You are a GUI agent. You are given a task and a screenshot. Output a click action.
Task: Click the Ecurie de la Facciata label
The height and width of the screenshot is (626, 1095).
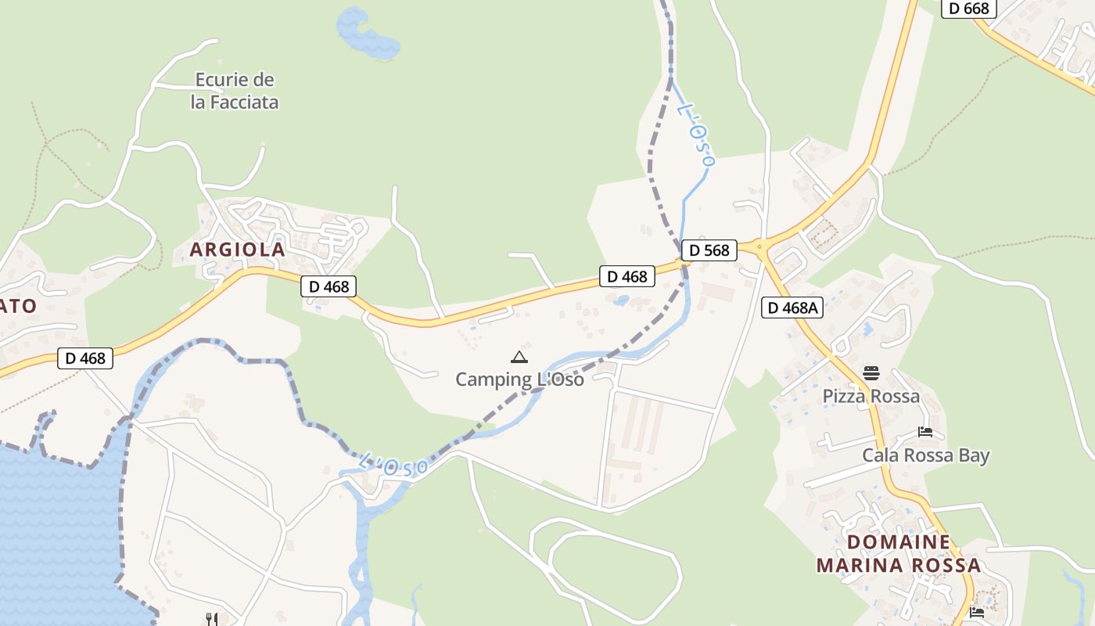235,91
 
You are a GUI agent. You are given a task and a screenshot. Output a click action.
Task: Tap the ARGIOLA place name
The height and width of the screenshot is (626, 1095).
237,250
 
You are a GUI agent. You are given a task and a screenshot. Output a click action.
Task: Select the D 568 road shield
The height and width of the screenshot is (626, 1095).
709,250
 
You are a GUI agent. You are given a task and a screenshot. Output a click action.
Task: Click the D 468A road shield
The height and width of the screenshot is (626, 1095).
792,308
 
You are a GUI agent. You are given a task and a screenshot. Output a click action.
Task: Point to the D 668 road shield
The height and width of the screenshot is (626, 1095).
968,9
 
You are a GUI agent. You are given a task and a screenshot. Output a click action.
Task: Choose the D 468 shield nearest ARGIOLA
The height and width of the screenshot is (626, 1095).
328,286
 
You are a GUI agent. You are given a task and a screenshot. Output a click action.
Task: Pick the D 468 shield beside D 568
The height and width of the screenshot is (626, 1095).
626,276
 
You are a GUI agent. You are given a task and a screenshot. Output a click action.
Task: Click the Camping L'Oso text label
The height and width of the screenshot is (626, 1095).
519,380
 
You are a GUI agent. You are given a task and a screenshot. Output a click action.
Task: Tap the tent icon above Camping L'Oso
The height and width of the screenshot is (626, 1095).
519,358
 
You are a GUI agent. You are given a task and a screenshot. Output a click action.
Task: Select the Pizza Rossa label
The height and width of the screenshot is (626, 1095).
871,396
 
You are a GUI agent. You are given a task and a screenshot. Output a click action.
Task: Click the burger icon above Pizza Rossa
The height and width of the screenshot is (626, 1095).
871,372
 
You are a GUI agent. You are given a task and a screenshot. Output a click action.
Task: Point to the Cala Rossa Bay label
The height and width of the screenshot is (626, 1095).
925,455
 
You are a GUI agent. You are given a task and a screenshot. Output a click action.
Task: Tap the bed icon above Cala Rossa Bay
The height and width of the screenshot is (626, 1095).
925,431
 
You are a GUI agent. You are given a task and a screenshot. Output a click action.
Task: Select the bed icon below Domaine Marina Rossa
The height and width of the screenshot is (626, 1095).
976,612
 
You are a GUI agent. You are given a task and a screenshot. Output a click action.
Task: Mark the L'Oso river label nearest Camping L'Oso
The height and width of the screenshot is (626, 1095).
393,465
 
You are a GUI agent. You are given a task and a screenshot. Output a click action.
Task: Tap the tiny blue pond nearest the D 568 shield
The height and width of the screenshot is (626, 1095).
621,300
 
